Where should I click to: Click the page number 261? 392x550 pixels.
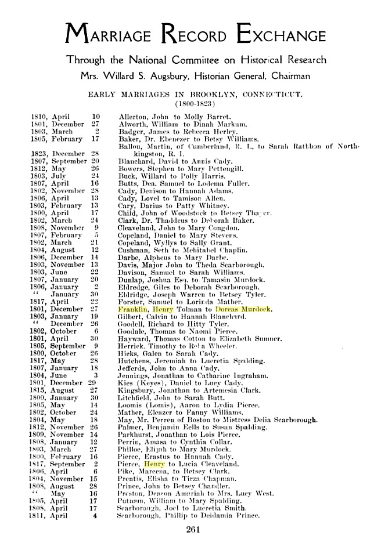(194, 527)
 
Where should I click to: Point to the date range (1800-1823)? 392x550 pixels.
(194, 103)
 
